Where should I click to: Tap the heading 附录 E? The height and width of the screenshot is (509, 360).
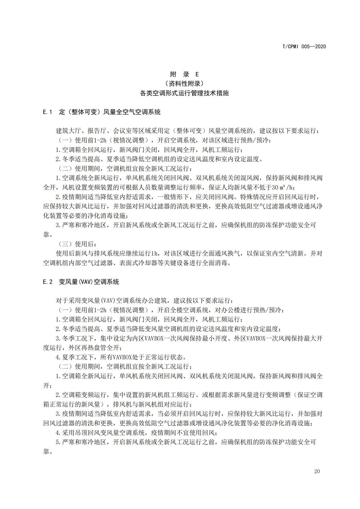point(184,75)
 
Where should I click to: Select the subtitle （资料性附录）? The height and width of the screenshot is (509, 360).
point(184,84)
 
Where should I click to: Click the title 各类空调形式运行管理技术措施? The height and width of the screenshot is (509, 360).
point(184,93)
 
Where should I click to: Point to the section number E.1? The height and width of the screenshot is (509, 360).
point(48,112)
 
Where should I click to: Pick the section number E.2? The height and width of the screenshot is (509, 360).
point(48,282)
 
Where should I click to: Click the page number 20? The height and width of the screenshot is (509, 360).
point(317,472)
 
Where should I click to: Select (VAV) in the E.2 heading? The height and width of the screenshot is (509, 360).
point(84,282)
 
